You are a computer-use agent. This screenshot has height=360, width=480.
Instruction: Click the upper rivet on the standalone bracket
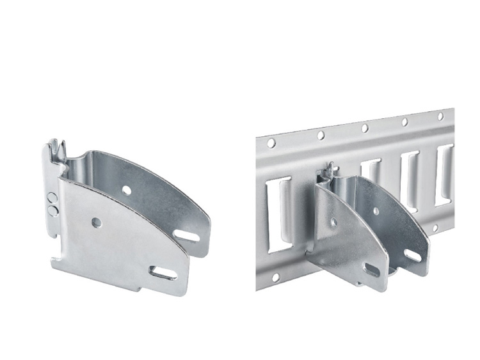click(52, 196)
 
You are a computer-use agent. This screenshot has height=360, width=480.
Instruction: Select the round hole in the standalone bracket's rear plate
click(127, 190)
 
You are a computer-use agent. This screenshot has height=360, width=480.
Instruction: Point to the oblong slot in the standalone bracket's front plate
click(164, 273)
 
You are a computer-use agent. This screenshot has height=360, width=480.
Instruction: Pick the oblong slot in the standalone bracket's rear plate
click(187, 236)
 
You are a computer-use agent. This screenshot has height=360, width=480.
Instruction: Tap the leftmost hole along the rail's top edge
click(271, 143)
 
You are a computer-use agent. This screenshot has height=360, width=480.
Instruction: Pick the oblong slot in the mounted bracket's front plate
click(372, 269)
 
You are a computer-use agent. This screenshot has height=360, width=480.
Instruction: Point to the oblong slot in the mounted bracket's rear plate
click(413, 256)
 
